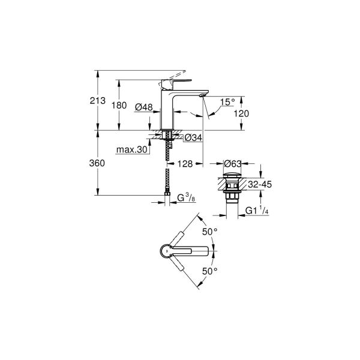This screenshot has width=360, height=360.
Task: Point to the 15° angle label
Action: pos(227,102)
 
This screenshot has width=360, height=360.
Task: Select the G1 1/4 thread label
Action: pos(258,209)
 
